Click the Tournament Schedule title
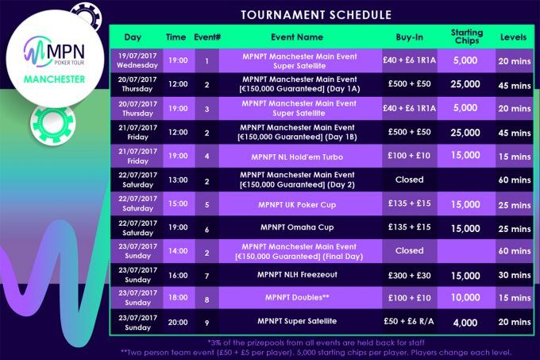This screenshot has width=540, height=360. (x=316, y=15)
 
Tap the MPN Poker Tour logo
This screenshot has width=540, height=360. (x=55, y=52)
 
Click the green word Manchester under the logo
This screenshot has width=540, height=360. (x=55, y=79)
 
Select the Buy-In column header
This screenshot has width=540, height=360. (x=410, y=37)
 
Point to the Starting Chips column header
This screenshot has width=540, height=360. (x=467, y=37)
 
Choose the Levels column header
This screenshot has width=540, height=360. (x=514, y=37)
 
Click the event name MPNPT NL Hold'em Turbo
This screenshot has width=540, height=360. (x=297, y=157)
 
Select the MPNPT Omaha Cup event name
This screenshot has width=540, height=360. (x=297, y=227)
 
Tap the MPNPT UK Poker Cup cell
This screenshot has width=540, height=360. (x=297, y=204)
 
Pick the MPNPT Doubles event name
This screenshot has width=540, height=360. (x=297, y=298)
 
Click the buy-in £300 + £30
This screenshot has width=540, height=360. (x=410, y=275)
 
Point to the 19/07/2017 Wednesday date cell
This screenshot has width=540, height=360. (x=137, y=60)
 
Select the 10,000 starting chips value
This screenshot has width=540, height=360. (x=465, y=298)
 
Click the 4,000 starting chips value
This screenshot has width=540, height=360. (x=465, y=323)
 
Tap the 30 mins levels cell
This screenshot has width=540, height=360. (x=515, y=275)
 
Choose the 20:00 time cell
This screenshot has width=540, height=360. (x=178, y=323)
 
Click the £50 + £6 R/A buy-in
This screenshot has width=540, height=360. (x=409, y=321)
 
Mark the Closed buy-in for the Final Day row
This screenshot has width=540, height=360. (x=410, y=251)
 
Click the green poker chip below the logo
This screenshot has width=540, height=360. (x=52, y=124)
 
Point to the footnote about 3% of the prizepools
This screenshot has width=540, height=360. (x=316, y=343)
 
